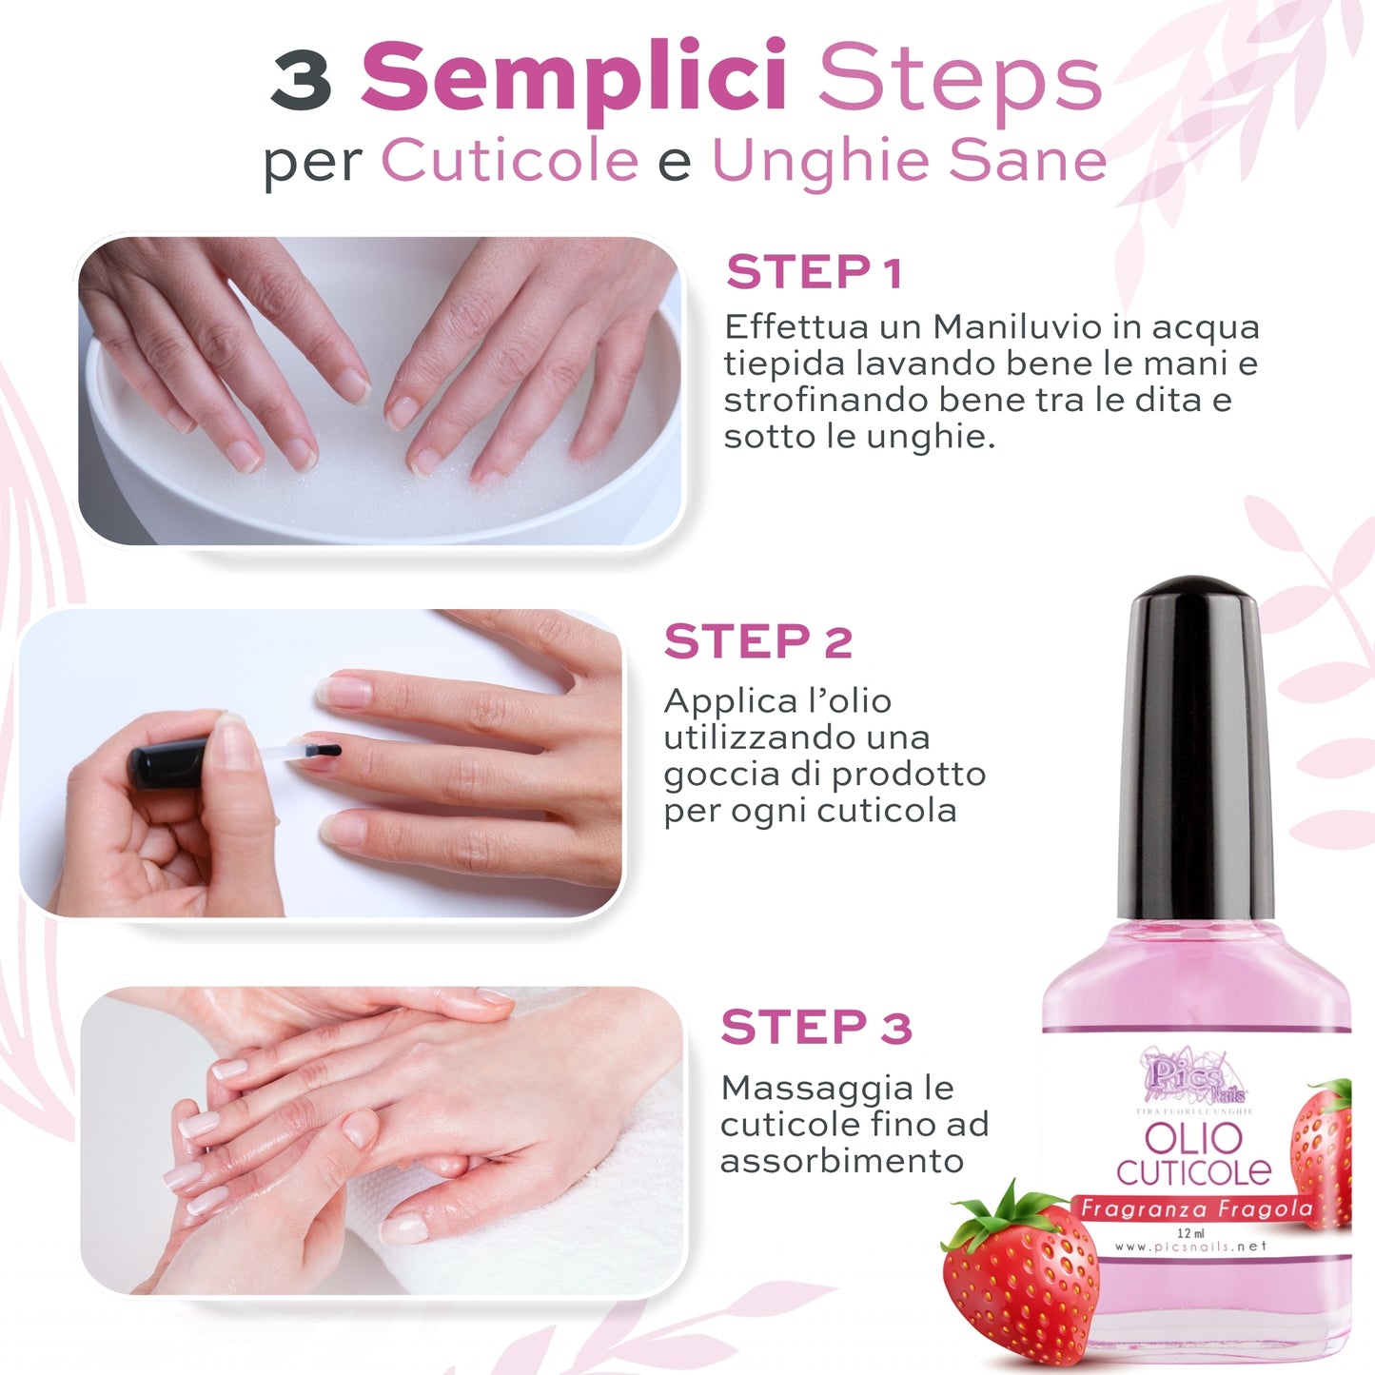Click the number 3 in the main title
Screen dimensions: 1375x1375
point(301,80)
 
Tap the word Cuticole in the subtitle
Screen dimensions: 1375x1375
point(510,160)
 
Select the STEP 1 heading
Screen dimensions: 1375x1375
point(814,273)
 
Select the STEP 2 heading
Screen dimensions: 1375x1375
point(757,642)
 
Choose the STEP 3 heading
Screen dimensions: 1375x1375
point(815,1029)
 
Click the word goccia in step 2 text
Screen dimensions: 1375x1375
point(711,775)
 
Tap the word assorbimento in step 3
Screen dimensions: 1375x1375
point(841,1161)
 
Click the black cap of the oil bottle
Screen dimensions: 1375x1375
point(1194,742)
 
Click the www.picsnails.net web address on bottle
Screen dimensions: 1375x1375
point(1189,1247)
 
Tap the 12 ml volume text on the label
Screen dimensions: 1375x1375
point(1190,1233)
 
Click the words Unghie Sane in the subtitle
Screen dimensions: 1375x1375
point(909,160)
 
